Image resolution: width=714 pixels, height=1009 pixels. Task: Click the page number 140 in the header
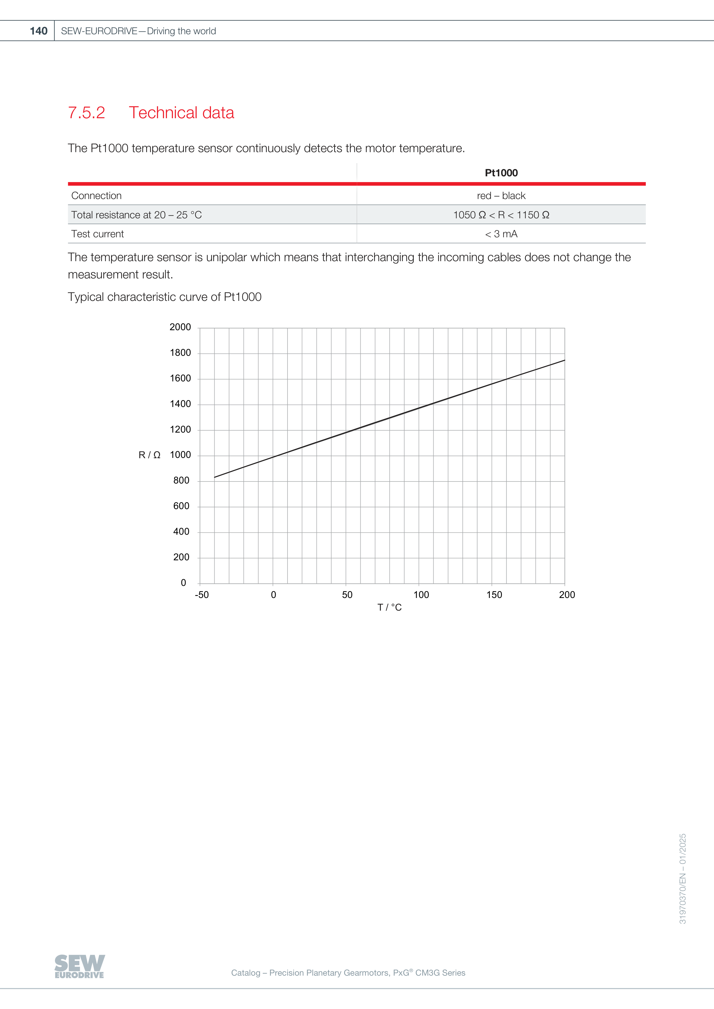pyautogui.click(x=39, y=31)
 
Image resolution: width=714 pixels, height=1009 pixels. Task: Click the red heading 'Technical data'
pyautogui.click(x=181, y=113)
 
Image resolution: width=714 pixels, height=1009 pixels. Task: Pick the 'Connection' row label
pyautogui.click(x=96, y=196)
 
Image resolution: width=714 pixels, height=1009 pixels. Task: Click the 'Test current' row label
pyautogui.click(x=98, y=234)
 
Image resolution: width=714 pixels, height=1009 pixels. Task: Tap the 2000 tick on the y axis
pyautogui.click(x=180, y=327)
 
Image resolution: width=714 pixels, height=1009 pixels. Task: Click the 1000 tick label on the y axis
pyautogui.click(x=180, y=455)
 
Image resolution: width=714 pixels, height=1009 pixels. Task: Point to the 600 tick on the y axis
pyautogui.click(x=181, y=506)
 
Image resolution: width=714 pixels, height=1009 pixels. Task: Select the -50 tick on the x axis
pyautogui.click(x=202, y=595)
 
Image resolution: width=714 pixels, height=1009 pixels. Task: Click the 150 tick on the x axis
pyautogui.click(x=494, y=595)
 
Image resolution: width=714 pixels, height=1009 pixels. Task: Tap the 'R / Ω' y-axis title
pyautogui.click(x=149, y=455)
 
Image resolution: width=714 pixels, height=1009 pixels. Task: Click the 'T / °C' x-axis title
pyautogui.click(x=390, y=607)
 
